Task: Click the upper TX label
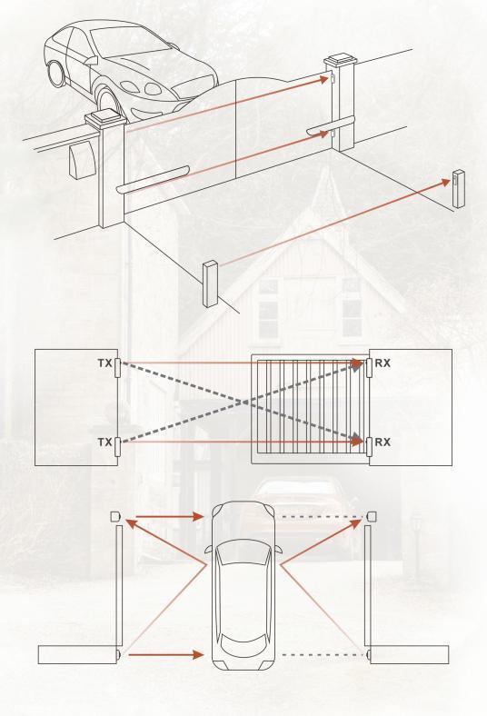(104, 363)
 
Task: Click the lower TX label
(104, 442)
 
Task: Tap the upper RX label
(383, 363)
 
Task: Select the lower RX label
(383, 442)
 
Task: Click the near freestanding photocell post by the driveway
(211, 283)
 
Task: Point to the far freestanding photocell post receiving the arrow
(458, 189)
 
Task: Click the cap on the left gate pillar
(105, 120)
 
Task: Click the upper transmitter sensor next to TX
(117, 368)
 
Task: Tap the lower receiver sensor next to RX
(369, 446)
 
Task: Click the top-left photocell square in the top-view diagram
(115, 516)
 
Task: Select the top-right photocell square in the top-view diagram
(371, 516)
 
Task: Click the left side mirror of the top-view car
(208, 550)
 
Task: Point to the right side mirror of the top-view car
(278, 550)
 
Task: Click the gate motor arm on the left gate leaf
(152, 180)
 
